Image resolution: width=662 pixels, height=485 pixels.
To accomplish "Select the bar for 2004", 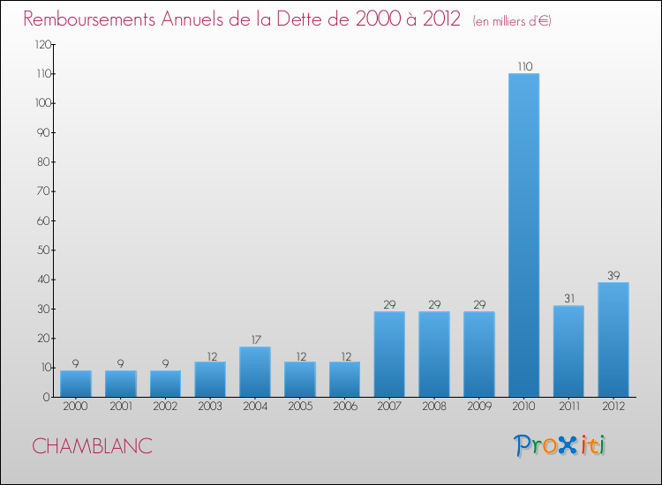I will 254,371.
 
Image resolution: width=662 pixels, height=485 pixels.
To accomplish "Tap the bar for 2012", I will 613,339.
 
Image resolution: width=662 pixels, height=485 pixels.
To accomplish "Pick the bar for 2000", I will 75,384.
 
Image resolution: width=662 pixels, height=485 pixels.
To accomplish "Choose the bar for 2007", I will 389,354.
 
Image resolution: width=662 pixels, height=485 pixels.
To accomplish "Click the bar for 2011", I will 568,351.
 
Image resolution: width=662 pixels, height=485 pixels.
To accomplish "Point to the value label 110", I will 524,66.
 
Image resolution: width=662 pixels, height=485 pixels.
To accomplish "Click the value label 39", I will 613,275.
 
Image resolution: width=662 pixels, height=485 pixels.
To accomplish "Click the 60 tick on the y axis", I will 41,220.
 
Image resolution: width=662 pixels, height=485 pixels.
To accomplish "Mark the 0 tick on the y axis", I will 44,397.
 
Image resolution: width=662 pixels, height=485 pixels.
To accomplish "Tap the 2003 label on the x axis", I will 209,407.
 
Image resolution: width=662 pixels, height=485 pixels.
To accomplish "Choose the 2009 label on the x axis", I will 478,407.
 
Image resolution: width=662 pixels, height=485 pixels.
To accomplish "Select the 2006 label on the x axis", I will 344,407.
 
